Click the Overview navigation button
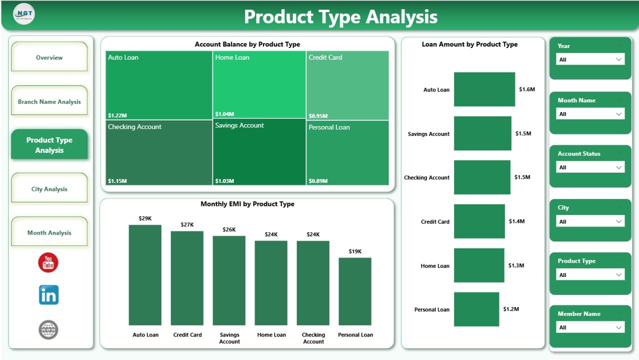click(x=49, y=57)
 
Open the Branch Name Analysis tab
click(x=49, y=101)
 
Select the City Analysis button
click(x=49, y=189)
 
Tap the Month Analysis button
click(x=49, y=232)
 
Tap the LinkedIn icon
click(x=48, y=295)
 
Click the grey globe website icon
click(x=48, y=329)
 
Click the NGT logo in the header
click(x=24, y=14)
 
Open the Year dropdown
click(x=590, y=59)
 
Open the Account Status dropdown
click(x=590, y=167)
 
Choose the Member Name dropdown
click(x=590, y=327)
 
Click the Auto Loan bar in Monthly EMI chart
click(x=145, y=275)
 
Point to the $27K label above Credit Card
click(x=187, y=225)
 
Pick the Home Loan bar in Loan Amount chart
click(x=478, y=265)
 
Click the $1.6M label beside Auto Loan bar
click(x=527, y=89)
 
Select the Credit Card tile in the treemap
click(x=347, y=85)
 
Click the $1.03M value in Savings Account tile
click(x=224, y=181)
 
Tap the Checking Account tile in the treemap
click(x=158, y=152)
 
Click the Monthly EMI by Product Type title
click(x=247, y=204)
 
